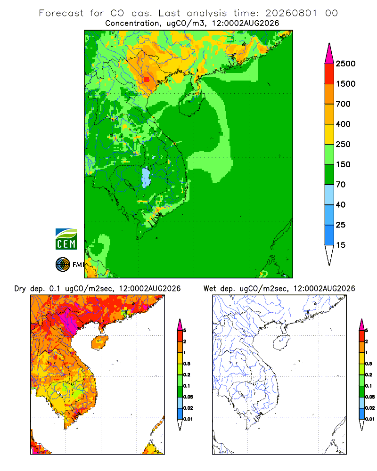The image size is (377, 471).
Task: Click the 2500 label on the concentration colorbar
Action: point(345,64)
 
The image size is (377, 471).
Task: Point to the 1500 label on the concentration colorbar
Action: point(345,84)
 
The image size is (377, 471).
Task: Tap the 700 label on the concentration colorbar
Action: point(343,104)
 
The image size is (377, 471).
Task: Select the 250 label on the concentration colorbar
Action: point(343,144)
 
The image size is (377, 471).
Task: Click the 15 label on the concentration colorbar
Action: point(341,245)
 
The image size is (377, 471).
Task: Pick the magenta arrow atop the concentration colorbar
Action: point(329,54)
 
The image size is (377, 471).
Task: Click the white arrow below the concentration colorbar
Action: point(329,255)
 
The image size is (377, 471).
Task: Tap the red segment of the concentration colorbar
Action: point(329,74)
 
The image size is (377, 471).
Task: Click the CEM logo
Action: point(66,239)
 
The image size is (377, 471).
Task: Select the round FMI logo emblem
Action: point(63,265)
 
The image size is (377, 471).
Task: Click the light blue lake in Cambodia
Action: point(146,178)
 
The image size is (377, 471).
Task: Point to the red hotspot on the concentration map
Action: point(147,79)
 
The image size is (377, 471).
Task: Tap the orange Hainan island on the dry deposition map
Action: point(99,343)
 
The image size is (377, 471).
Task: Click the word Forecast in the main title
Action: point(61,13)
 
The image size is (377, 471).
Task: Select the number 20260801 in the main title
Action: point(291,13)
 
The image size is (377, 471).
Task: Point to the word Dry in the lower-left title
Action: point(20,289)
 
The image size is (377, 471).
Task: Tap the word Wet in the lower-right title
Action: point(210,289)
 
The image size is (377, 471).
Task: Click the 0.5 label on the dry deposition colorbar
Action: point(187,364)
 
